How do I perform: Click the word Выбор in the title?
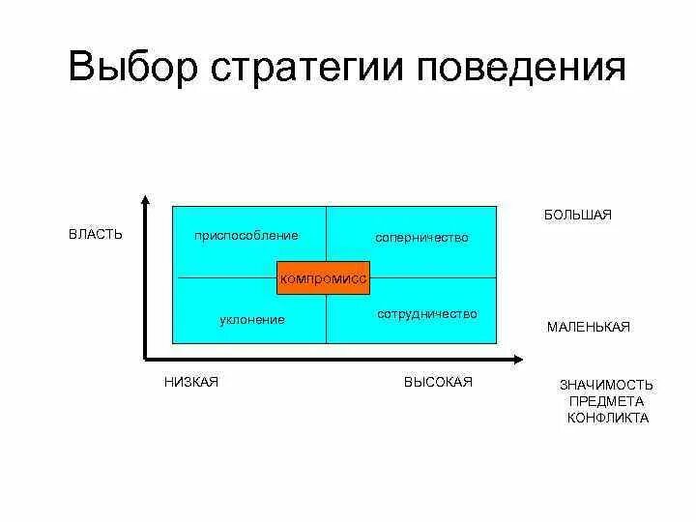[134, 70]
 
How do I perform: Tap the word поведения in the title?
[521, 70]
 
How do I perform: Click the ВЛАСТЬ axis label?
[95, 235]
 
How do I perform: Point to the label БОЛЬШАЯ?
[577, 215]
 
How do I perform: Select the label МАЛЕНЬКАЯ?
[588, 327]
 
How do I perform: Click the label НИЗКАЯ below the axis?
[191, 382]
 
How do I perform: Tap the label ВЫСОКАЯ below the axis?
[438, 382]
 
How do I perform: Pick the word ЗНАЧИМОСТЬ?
[607, 384]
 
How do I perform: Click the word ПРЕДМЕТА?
[607, 401]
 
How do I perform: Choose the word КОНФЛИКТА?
[607, 419]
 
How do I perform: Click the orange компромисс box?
[324, 278]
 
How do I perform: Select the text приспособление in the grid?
[246, 235]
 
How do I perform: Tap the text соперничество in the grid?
[421, 237]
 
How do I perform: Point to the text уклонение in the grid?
[252, 319]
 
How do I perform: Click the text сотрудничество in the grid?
[426, 314]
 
